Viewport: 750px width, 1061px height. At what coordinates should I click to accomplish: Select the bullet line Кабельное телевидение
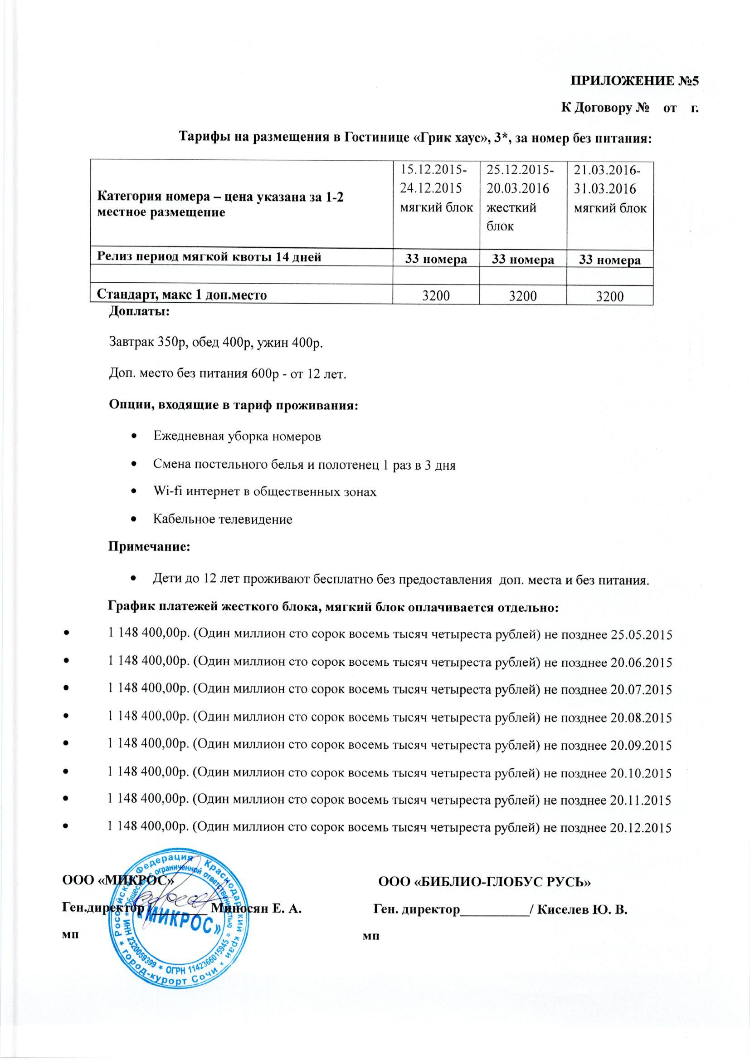pyautogui.click(x=223, y=520)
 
